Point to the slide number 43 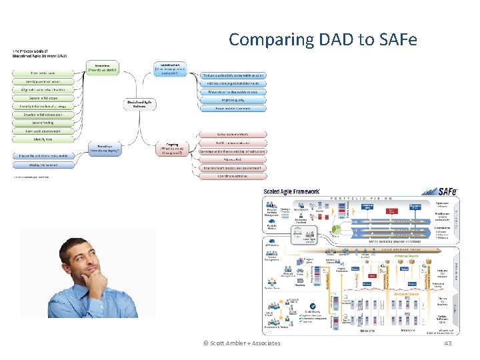pyautogui.click(x=447, y=343)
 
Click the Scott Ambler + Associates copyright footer pyautogui.click(x=241, y=343)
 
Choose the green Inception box pyautogui.click(x=103, y=68)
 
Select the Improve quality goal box pyautogui.click(x=233, y=100)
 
